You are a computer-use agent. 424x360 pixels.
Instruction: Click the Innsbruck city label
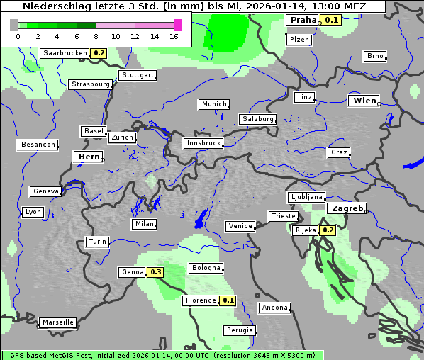tap(203, 143)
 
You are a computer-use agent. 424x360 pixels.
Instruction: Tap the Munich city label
tap(213, 104)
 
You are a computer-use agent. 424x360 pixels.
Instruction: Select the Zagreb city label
tap(346, 208)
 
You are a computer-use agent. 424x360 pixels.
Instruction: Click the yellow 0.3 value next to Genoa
tap(156, 272)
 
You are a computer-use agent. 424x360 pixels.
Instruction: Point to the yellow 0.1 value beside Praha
tap(331, 20)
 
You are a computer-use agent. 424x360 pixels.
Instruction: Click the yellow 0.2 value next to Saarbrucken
tap(99, 53)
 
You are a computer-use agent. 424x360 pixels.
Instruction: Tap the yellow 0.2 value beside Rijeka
tap(328, 230)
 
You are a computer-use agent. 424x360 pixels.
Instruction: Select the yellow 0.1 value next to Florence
tap(228, 300)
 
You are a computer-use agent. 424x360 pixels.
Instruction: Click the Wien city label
tap(364, 101)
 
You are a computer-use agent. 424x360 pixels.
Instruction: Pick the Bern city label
tap(89, 157)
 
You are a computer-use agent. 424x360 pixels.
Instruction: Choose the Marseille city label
tap(57, 322)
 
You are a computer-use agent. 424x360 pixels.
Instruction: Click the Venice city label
tap(240, 226)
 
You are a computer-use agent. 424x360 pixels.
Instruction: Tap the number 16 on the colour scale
tap(173, 36)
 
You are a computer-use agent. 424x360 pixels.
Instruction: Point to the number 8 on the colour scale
tap(95, 36)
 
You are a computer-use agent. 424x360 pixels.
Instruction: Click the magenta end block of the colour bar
tap(177, 26)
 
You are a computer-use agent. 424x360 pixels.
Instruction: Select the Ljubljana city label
tap(306, 197)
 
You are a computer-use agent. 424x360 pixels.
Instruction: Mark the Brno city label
tap(374, 56)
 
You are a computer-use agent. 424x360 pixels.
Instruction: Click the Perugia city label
tap(238, 330)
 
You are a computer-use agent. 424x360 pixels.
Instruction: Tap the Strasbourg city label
tap(91, 84)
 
